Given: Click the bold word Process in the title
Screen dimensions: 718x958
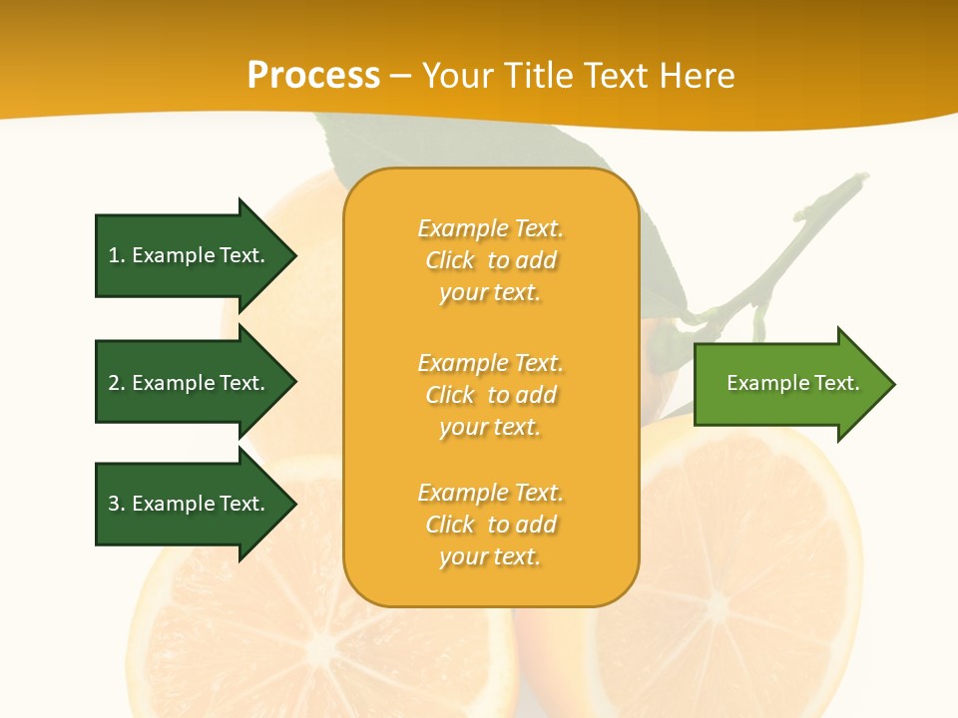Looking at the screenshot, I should tap(313, 76).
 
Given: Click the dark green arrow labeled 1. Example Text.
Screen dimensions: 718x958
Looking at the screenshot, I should tap(190, 255).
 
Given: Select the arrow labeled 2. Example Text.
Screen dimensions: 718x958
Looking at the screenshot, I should tap(190, 383).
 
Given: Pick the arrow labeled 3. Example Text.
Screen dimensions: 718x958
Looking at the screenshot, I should tap(190, 504).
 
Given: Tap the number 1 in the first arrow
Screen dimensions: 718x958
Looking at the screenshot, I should tap(114, 255).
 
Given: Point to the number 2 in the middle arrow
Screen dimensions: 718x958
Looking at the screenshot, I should tap(114, 383).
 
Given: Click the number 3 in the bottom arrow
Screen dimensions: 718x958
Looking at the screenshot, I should tap(114, 504).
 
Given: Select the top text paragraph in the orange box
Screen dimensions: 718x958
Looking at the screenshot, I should tap(490, 260).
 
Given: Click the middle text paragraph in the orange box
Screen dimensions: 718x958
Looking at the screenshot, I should tap(490, 395).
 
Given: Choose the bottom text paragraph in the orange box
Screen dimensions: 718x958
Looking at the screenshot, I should tap(490, 525).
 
